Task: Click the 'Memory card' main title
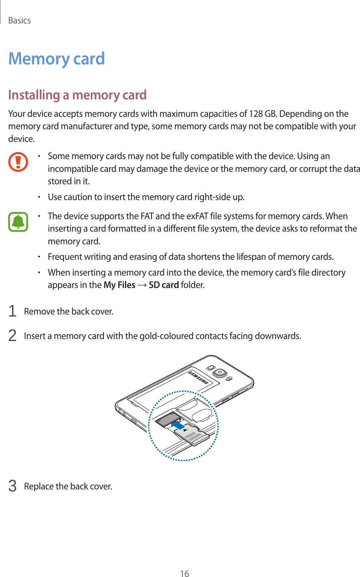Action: pyautogui.click(x=56, y=59)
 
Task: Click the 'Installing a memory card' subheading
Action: pyautogui.click(x=77, y=95)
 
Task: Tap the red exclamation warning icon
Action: pyautogui.click(x=18, y=162)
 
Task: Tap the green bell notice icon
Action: pyautogui.click(x=18, y=222)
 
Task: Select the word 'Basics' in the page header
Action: pyautogui.click(x=19, y=20)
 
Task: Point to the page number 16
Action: pyautogui.click(x=185, y=574)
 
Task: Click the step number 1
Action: pyautogui.click(x=12, y=311)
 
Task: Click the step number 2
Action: pyautogui.click(x=12, y=336)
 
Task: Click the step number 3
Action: pyautogui.click(x=12, y=486)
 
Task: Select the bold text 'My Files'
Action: pyautogui.click(x=119, y=285)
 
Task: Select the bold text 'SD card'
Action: pyautogui.click(x=164, y=285)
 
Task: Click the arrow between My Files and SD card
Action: pyautogui.click(x=142, y=285)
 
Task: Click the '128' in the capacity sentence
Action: pyautogui.click(x=256, y=114)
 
